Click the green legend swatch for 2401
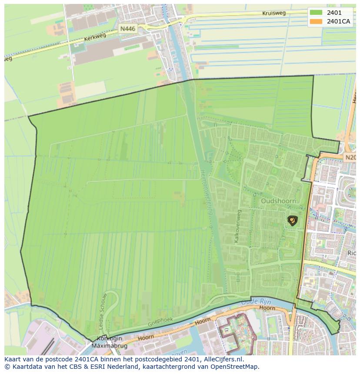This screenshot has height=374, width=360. [317, 13]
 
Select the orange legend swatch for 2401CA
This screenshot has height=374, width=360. [317, 21]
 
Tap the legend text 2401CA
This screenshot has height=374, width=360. [338, 21]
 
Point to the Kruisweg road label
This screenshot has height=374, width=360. [274, 13]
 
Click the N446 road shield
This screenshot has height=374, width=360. [128, 29]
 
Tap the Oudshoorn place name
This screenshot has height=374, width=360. [278, 201]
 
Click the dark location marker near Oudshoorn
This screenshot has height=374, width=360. [292, 221]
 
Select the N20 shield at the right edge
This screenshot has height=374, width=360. [350, 157]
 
